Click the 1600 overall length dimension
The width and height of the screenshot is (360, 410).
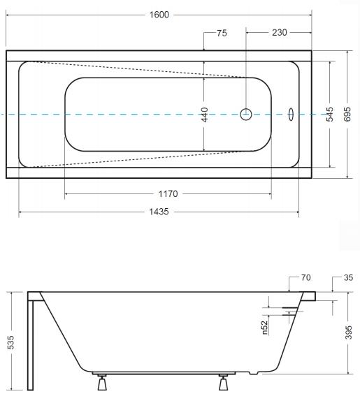tap(159, 15)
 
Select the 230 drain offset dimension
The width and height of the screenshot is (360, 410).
tap(280, 32)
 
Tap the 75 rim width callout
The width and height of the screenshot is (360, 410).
tap(222, 34)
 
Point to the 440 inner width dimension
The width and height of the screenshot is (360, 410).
tap(205, 115)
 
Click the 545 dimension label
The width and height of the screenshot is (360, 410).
tap(330, 115)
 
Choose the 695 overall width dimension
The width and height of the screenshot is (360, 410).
tap(347, 115)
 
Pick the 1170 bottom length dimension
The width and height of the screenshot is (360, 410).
tap(168, 193)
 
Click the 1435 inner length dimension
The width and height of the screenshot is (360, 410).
tap(159, 212)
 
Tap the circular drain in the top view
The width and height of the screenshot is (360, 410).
tap(246, 115)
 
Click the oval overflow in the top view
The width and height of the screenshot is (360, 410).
tap(291, 115)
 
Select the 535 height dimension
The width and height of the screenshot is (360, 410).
tap(10, 342)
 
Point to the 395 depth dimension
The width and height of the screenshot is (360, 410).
tap(349, 332)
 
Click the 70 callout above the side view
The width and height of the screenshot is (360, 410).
tap(305, 277)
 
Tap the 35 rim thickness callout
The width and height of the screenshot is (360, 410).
tap(348, 277)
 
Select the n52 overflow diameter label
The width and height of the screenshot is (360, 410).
tap(265, 328)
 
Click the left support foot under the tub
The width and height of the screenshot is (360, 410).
tap(102, 383)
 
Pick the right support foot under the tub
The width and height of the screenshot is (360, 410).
tap(223, 383)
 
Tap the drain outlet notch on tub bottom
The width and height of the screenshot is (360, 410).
tap(254, 373)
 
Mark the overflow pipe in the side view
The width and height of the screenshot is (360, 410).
tap(293, 312)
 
